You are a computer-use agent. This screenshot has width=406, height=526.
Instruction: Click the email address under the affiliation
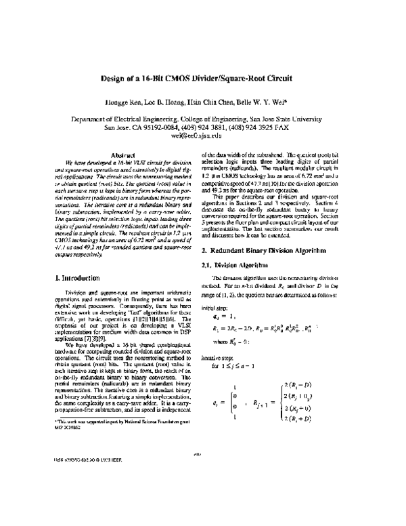click(x=202, y=135)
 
